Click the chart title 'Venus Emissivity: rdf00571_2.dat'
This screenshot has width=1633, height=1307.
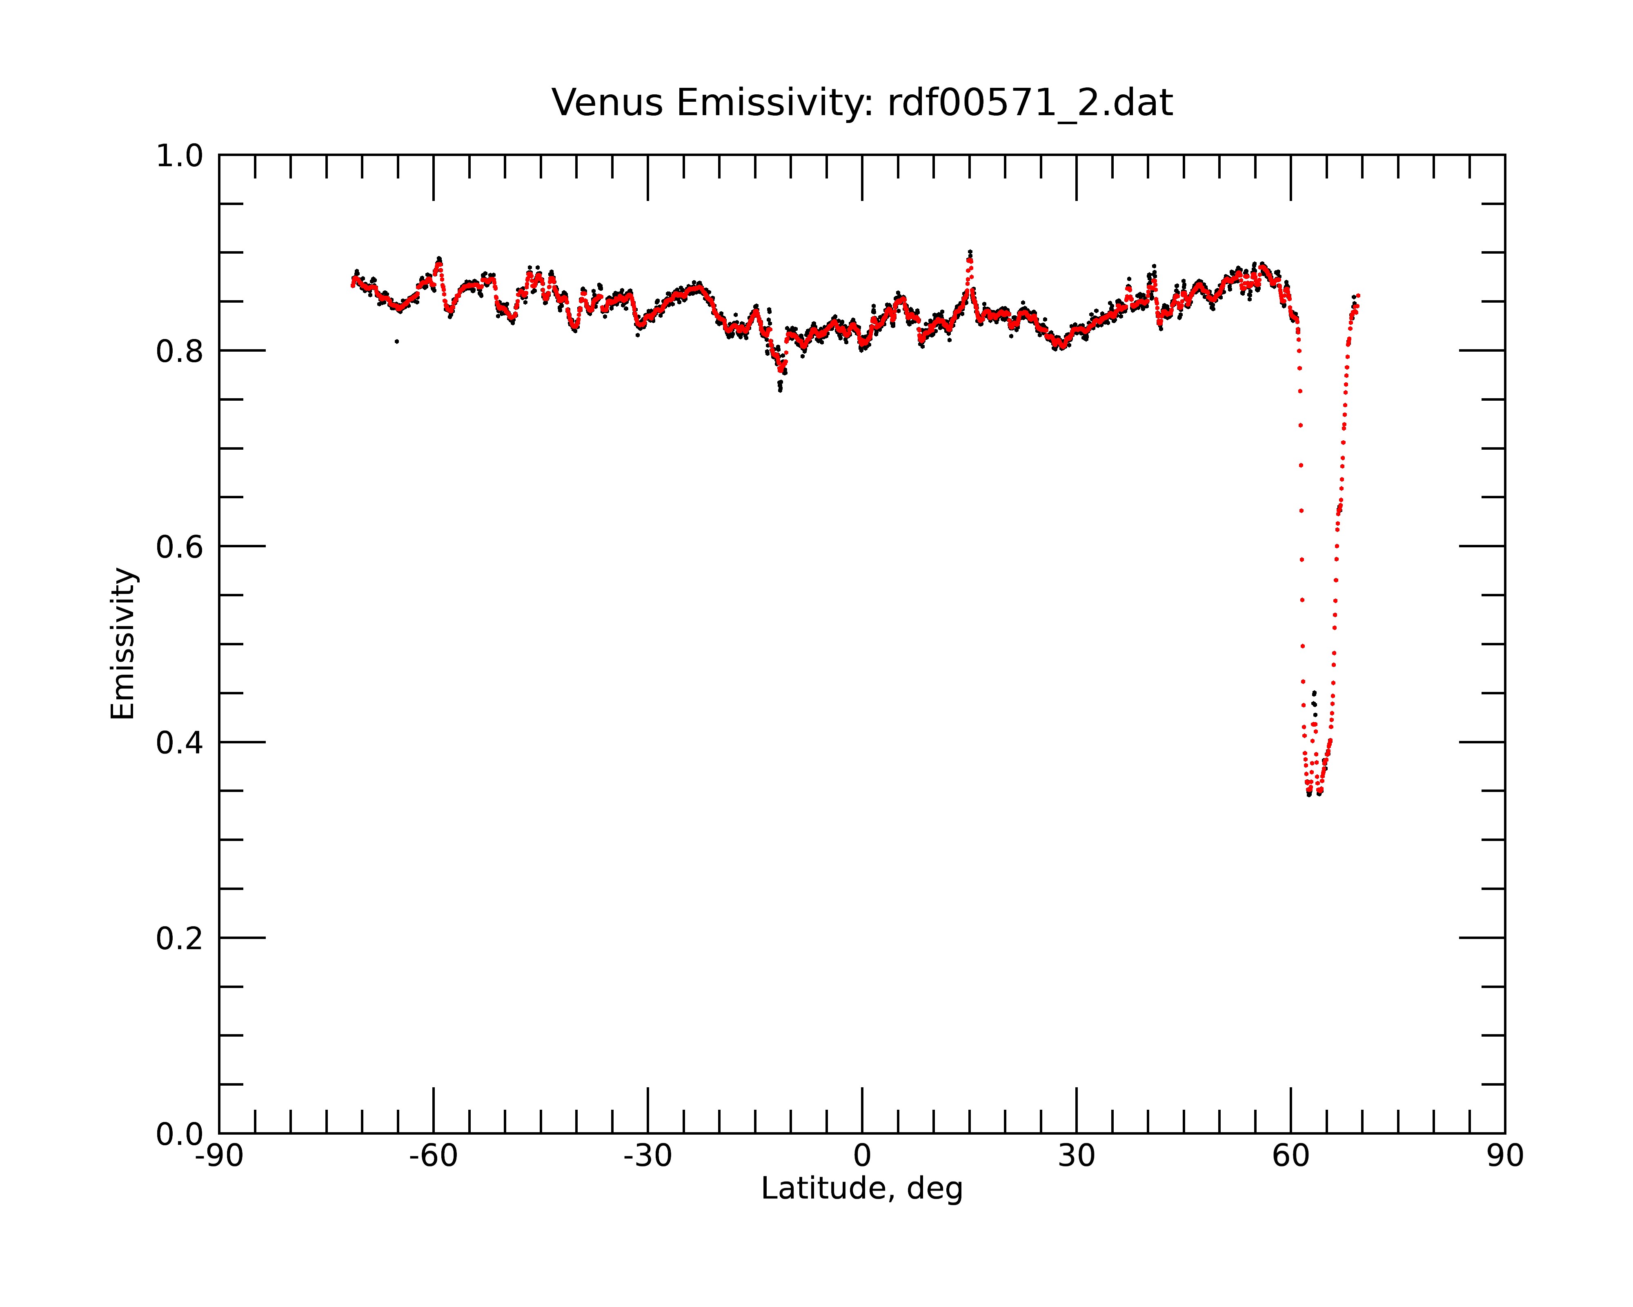(862, 103)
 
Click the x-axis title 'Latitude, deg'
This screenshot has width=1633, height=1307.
(862, 1188)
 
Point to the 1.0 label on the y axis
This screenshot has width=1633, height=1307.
(180, 156)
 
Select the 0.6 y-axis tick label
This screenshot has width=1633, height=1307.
(180, 547)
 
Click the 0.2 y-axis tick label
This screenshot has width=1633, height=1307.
(180, 939)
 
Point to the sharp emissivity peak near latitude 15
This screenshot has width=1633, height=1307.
(970, 253)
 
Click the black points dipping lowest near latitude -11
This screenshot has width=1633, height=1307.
(780, 386)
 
